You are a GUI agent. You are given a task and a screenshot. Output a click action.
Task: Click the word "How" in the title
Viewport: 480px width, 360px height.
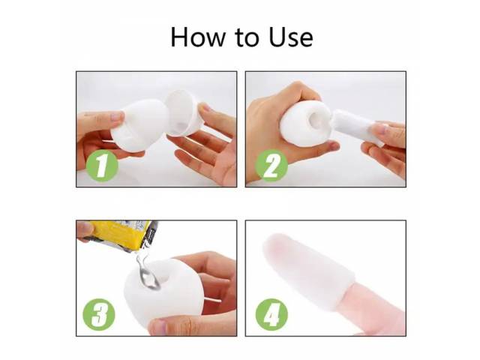[x=197, y=37]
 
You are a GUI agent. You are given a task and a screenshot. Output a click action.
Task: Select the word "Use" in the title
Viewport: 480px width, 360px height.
[x=291, y=37]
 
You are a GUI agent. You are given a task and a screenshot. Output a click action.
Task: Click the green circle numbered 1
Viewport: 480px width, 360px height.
[x=102, y=166]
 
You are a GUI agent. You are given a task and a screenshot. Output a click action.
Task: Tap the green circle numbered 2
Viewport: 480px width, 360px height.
[x=271, y=166]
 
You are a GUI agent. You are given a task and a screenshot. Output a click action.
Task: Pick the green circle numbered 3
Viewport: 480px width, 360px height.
[x=99, y=314]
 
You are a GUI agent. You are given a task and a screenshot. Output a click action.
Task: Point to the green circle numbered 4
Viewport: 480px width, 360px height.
[x=271, y=314]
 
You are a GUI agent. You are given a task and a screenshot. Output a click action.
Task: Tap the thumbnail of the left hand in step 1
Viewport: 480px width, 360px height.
[x=117, y=116]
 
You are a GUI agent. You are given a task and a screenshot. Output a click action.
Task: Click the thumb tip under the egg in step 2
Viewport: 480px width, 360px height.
[x=333, y=146]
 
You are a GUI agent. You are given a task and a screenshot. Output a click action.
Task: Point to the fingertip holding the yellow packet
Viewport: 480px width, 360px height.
[x=84, y=229]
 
